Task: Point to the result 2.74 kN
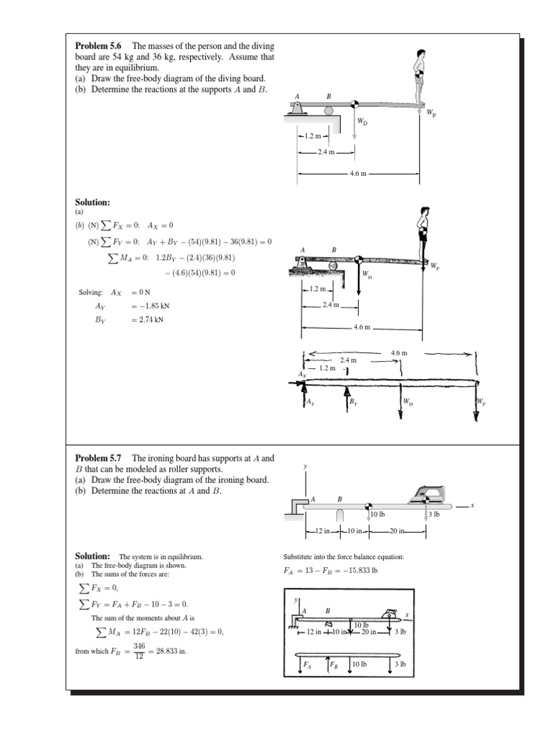[x=147, y=319]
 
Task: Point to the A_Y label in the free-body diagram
[x=310, y=403]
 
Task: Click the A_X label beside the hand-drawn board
[x=302, y=374]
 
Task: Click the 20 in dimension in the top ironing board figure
[x=397, y=531]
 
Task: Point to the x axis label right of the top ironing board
[x=472, y=505]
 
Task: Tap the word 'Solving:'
[x=91, y=292]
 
